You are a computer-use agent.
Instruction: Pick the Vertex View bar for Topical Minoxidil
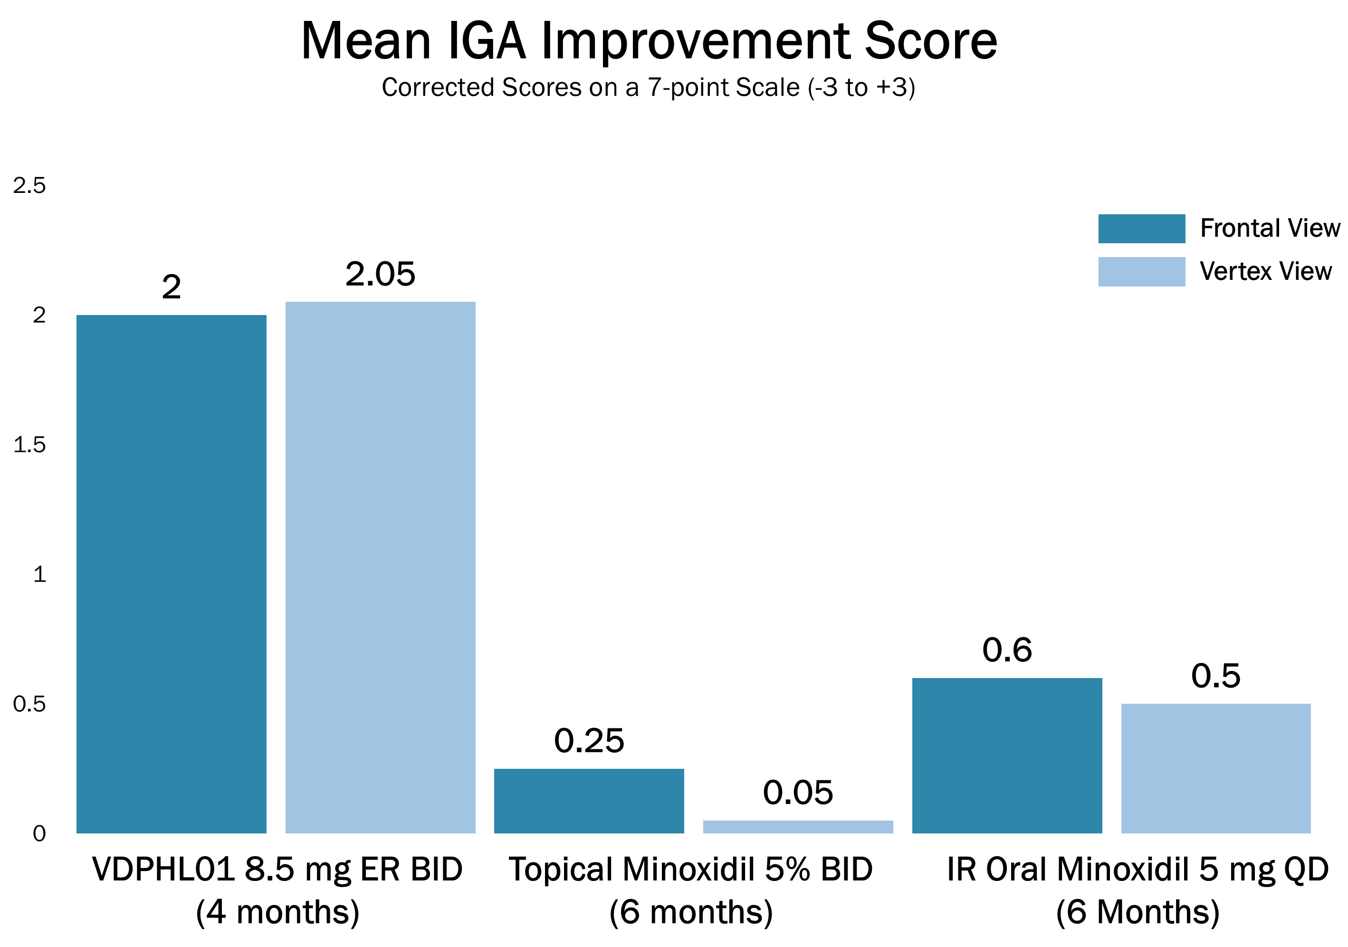click(x=798, y=827)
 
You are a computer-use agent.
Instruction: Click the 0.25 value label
click(x=589, y=740)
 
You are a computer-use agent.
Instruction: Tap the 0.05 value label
click(x=798, y=793)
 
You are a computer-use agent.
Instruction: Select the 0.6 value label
click(x=1007, y=650)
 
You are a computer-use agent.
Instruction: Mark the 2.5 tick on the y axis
click(x=29, y=185)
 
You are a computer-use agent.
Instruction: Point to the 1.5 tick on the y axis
click(x=29, y=445)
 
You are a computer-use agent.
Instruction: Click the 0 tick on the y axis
click(x=39, y=834)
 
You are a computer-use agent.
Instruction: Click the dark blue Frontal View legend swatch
click(x=1141, y=229)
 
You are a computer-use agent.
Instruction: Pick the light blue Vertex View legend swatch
click(x=1141, y=271)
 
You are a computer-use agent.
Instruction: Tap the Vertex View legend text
click(x=1265, y=271)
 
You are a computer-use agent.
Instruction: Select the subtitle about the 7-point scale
click(x=648, y=87)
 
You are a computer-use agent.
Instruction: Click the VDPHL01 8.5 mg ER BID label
click(x=277, y=870)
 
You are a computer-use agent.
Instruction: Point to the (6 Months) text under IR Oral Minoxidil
click(x=1137, y=912)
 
